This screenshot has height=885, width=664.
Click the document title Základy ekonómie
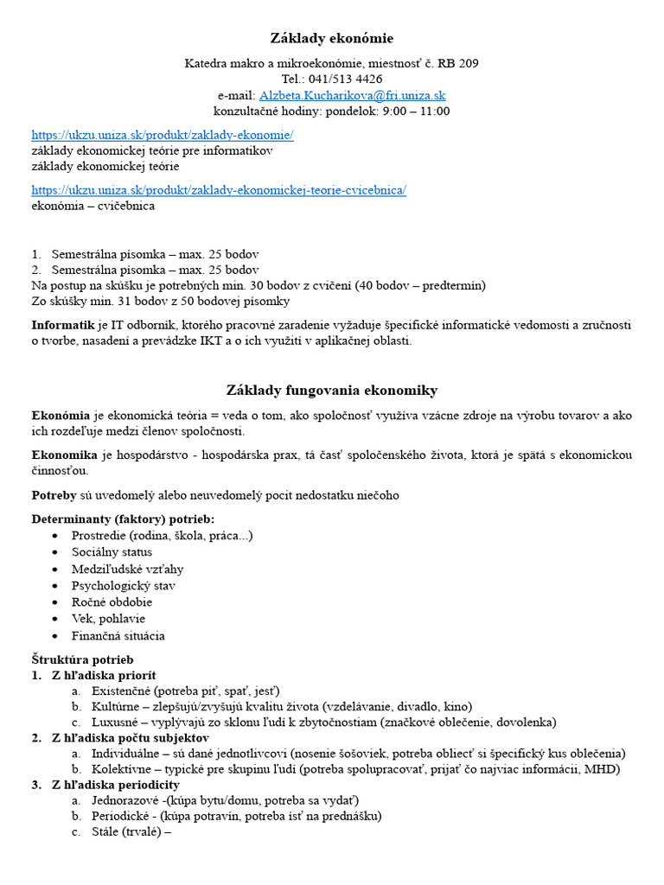pyautogui.click(x=332, y=38)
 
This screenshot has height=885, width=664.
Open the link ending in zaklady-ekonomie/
pyautogui.click(x=163, y=135)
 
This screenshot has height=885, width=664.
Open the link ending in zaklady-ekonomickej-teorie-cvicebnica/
pyautogui.click(x=219, y=190)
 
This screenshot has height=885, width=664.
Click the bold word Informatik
pyautogui.click(x=63, y=325)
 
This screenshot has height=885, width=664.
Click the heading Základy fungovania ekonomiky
pyautogui.click(x=332, y=390)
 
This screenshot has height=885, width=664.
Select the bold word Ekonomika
pyautogui.click(x=66, y=455)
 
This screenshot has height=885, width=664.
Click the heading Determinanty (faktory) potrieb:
pyautogui.click(x=123, y=519)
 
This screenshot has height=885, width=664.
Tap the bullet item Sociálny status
pyautogui.click(x=112, y=552)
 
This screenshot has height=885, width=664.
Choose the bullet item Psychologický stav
pyautogui.click(x=124, y=586)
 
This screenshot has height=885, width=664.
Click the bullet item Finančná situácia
pyautogui.click(x=118, y=636)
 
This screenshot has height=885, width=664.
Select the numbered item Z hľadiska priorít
pyautogui.click(x=104, y=676)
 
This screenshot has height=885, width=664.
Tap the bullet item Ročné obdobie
pyautogui.click(x=112, y=602)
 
